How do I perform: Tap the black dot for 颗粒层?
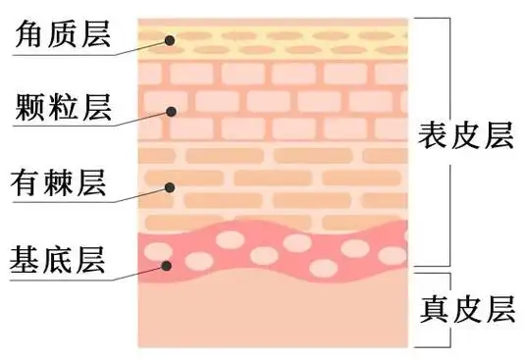click(x=170, y=112)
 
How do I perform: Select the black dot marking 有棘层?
click(x=170, y=187)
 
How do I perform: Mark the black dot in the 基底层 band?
click(x=169, y=265)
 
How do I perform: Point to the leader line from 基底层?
click(x=137, y=272)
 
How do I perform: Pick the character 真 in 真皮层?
click(x=433, y=309)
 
